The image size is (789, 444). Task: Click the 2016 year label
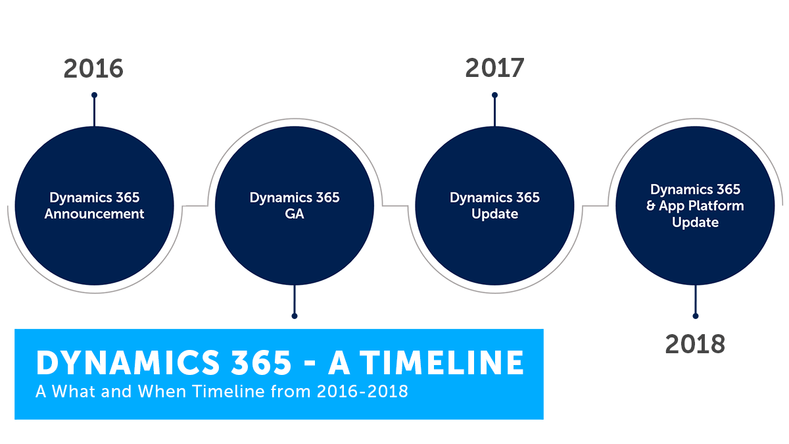click(93, 68)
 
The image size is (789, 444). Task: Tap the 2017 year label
click(494, 68)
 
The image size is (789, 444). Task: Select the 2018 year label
click(695, 344)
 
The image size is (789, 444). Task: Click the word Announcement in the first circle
click(95, 214)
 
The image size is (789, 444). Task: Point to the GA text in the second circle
click(295, 214)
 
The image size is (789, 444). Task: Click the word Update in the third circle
click(494, 214)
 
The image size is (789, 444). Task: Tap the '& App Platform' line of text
click(695, 206)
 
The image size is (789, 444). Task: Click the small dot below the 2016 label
click(94, 95)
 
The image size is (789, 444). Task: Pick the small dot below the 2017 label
click(494, 95)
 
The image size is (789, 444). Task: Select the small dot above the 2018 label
click(696, 316)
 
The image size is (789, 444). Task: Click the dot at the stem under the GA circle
click(295, 316)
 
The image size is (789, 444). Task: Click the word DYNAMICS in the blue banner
click(128, 362)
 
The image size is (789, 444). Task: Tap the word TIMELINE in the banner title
click(442, 362)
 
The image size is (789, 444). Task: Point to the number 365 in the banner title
click(261, 362)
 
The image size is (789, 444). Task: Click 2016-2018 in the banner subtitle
click(362, 391)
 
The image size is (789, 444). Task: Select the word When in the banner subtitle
click(162, 391)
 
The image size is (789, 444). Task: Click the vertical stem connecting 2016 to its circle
click(94, 111)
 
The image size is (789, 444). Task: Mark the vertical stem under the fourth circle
click(696, 299)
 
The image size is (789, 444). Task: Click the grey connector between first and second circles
click(195, 205)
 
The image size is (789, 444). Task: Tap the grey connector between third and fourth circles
click(595, 205)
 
